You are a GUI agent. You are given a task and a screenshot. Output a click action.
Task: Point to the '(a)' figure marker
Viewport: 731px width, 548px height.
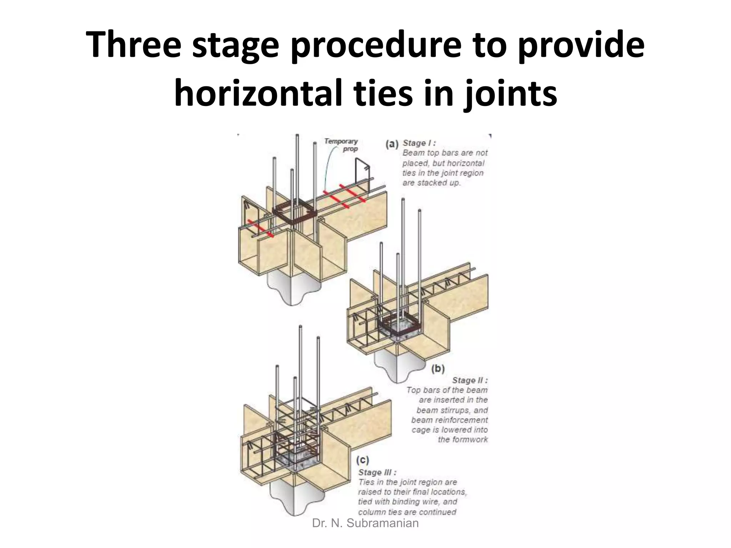pos(392,144)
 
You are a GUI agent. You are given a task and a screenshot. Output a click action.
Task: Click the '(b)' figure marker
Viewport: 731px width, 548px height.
pos(438,369)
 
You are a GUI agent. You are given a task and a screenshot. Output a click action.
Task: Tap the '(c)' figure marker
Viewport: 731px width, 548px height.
pos(362,460)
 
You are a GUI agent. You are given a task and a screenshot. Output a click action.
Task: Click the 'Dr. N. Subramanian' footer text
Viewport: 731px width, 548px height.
pos(365,523)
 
